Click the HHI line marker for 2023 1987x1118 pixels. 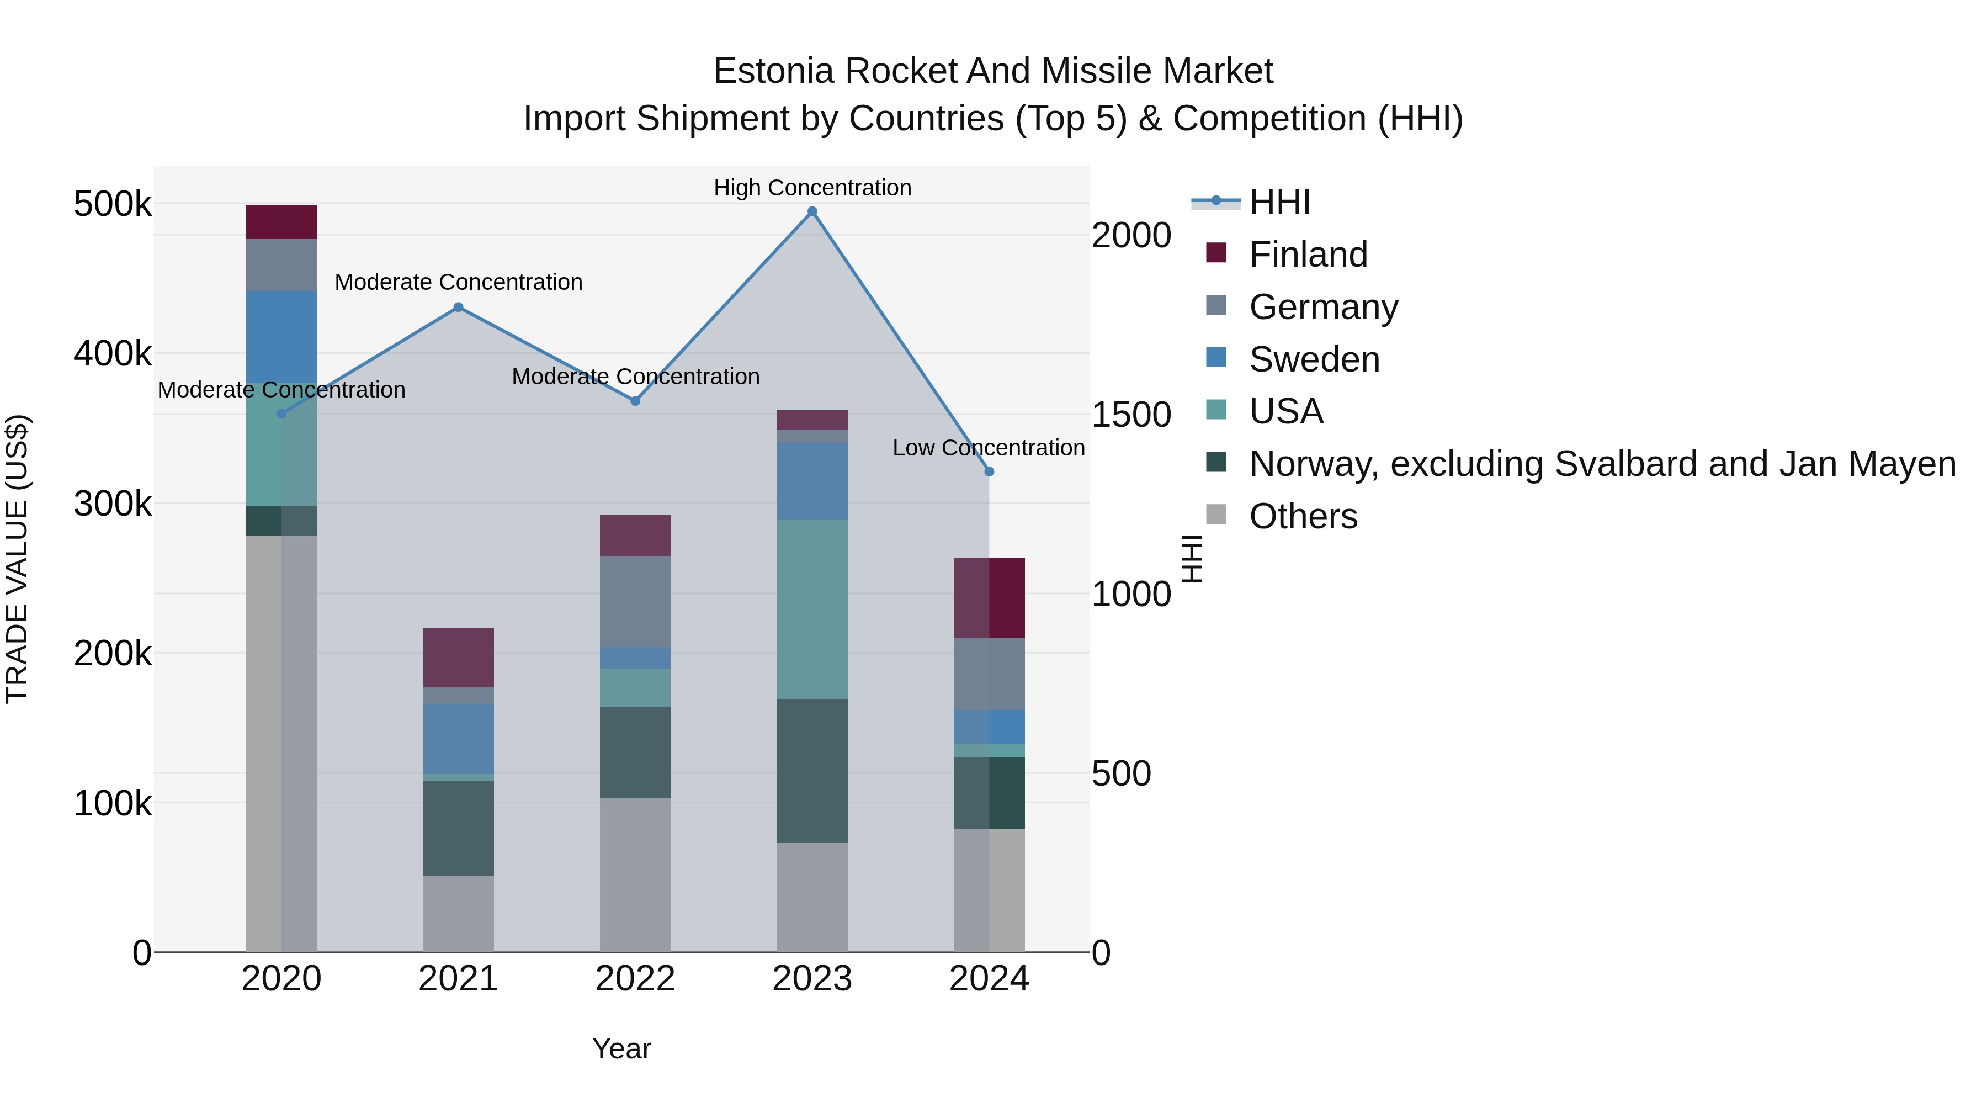coord(812,211)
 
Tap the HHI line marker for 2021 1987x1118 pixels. coord(458,307)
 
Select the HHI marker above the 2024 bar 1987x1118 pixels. coord(990,471)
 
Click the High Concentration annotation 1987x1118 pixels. coord(812,188)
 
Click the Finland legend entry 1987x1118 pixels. coord(1308,255)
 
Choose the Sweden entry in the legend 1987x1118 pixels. coord(1314,359)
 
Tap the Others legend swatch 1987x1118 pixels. coord(1216,514)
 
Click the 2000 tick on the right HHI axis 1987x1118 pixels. coord(1131,235)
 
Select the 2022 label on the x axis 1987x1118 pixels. coord(635,979)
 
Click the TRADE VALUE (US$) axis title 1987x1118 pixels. coord(17,559)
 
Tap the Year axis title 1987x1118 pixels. coord(621,1048)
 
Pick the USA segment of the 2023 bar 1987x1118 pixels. coord(812,609)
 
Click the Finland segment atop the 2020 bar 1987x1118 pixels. coord(281,222)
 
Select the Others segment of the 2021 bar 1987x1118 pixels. coord(458,914)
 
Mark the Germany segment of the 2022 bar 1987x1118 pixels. coord(635,601)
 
